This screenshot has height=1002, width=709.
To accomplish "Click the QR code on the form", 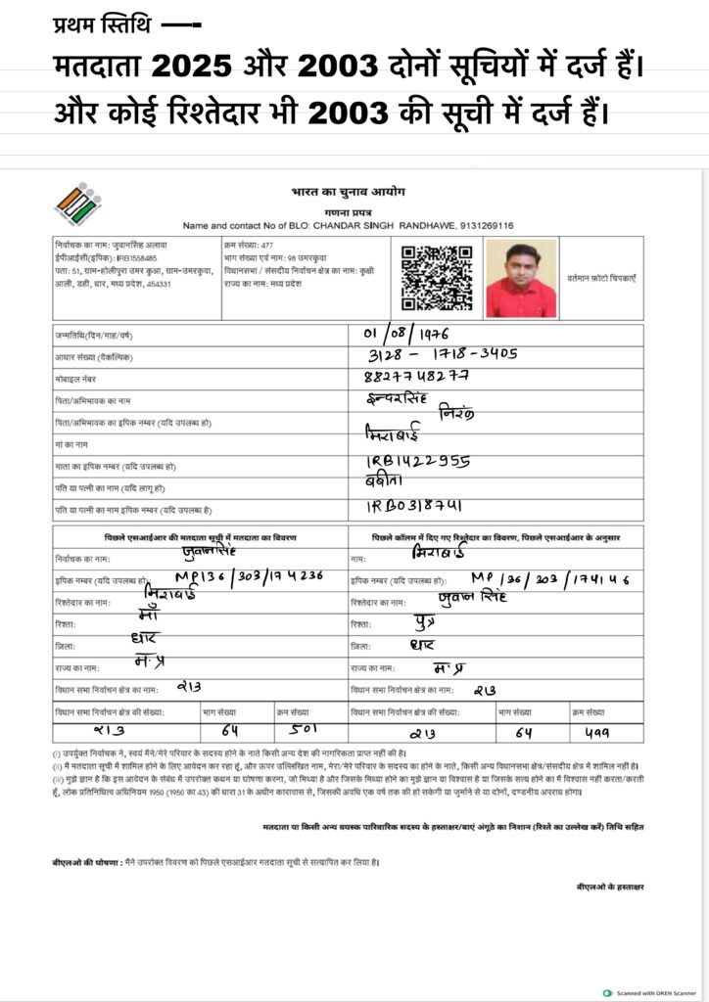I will point(437,277).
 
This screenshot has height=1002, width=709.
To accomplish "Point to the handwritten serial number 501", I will point(305,730).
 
